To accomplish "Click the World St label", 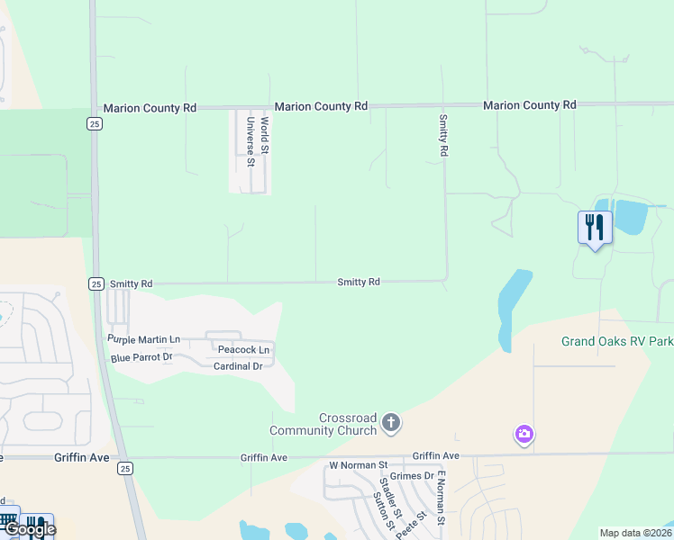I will (265, 133).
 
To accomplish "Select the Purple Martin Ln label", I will (143, 339).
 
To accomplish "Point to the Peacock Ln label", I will (243, 349).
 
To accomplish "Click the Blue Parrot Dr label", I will (141, 357).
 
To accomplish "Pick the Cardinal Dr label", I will (238, 366).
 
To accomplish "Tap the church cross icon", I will (391, 421).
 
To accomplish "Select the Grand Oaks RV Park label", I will (617, 341).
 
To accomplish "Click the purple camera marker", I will (524, 436).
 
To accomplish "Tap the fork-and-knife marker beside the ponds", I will (594, 227).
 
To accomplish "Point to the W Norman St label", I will (358, 465).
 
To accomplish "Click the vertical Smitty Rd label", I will (442, 136).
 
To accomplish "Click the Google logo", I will (29, 529).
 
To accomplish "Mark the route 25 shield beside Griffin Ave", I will (124, 468).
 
